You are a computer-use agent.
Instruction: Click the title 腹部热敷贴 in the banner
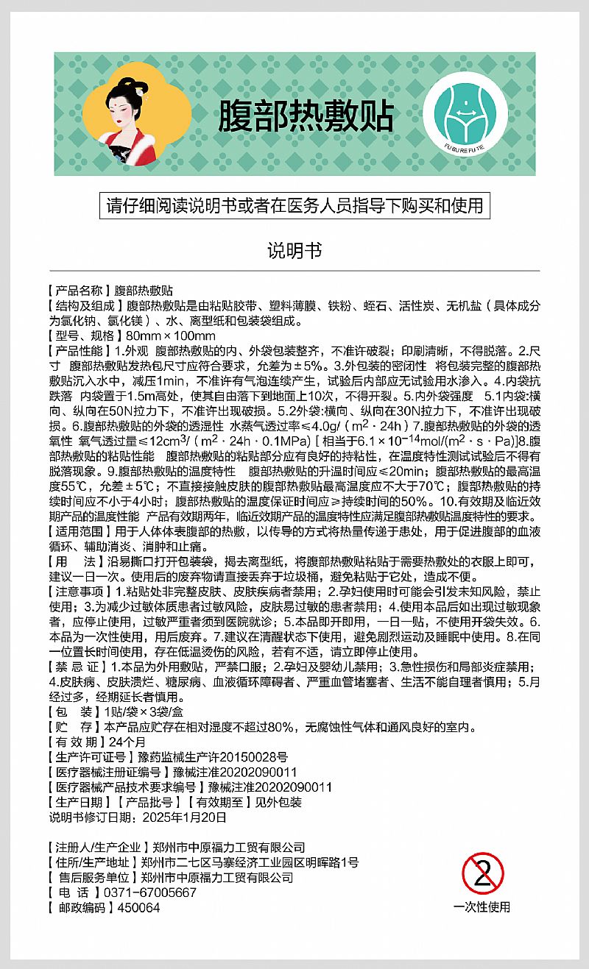[305, 116]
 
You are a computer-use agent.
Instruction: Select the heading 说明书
[294, 250]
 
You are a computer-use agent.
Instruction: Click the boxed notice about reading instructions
[294, 205]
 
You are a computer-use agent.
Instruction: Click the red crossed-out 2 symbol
[482, 874]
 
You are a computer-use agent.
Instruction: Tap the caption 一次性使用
[482, 907]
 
